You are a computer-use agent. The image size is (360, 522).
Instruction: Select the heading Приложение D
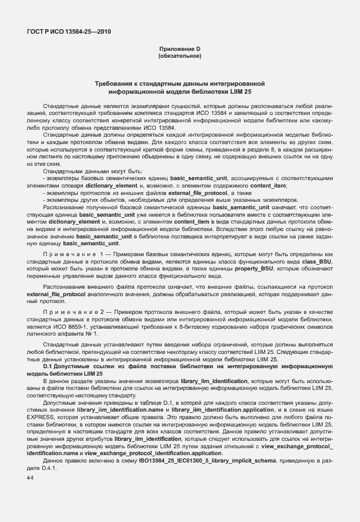179,50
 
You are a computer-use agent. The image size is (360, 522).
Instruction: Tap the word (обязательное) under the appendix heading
179,57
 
